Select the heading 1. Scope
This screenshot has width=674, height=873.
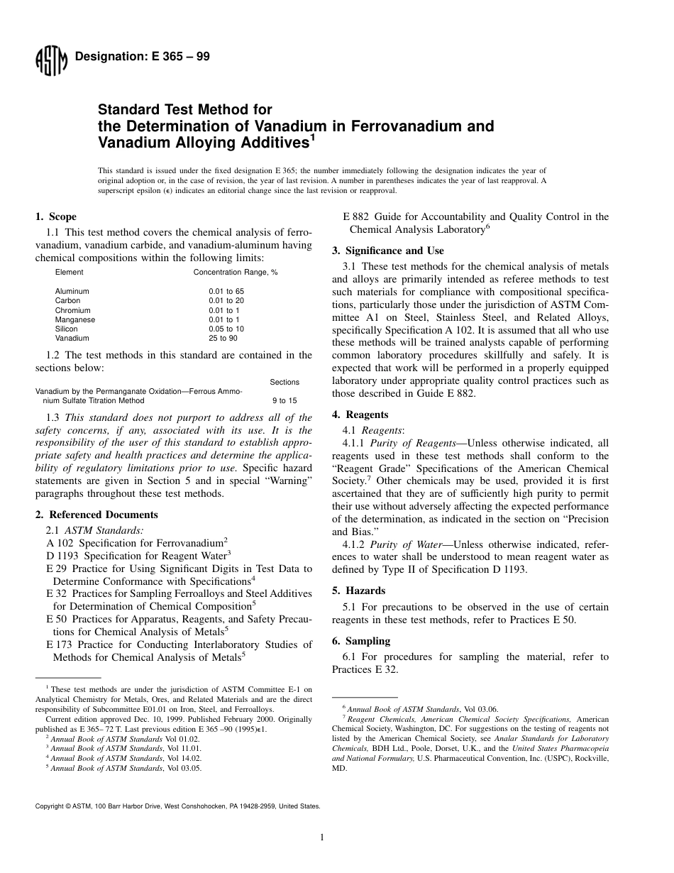click(56, 216)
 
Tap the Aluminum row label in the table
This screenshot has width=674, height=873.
click(72, 291)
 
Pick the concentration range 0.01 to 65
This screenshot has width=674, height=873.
click(226, 291)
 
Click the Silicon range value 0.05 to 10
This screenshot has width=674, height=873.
click(226, 329)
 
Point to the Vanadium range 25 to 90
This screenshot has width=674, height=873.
click(223, 339)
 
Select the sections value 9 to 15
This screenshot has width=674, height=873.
click(284, 401)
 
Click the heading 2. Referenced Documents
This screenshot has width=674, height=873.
click(96, 515)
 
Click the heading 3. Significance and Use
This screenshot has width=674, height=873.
click(388, 251)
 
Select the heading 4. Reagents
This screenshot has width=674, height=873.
click(360, 414)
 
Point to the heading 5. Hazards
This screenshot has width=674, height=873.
click(359, 591)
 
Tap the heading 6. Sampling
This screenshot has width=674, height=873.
click(361, 641)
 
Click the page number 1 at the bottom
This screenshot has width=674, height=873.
click(322, 838)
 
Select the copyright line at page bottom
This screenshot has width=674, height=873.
click(177, 806)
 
